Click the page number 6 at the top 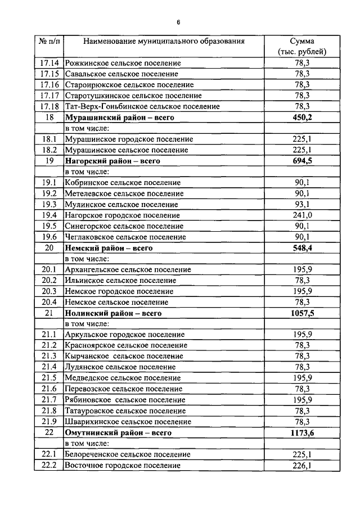click(x=178, y=22)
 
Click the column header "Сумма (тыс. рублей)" click(x=302, y=47)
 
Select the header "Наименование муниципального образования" click(x=164, y=42)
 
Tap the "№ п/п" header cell click(x=49, y=42)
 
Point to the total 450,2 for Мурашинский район click(x=302, y=118)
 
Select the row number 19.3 click(x=49, y=204)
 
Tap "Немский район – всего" click(x=109, y=247)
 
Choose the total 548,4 click(x=302, y=247)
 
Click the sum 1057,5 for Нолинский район click(x=302, y=313)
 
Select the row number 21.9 click(x=49, y=422)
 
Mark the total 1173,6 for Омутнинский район click(x=302, y=433)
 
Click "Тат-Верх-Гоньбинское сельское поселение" click(x=142, y=106)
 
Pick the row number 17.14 click(x=49, y=63)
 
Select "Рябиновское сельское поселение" click(x=125, y=400)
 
